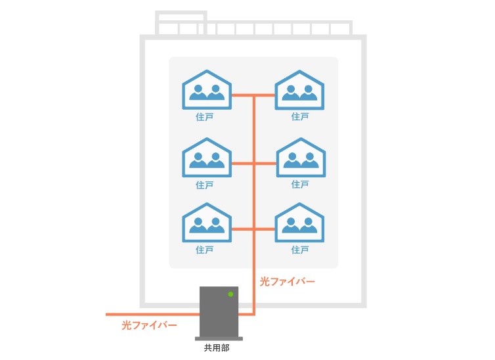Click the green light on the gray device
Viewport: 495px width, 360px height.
click(231, 294)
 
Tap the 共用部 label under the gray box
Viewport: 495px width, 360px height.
click(217, 348)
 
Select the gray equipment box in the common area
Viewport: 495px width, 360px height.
click(219, 313)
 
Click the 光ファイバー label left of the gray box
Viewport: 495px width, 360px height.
click(149, 325)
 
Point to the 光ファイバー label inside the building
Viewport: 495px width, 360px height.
click(287, 282)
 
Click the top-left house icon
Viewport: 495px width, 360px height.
click(207, 90)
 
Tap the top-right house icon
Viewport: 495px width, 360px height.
click(299, 90)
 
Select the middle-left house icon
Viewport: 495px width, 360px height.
click(207, 157)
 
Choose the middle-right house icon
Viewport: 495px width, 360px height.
click(301, 157)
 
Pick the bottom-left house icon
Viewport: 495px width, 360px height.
click(207, 222)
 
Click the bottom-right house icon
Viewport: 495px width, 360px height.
click(299, 222)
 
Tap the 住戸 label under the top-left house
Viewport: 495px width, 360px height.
click(205, 117)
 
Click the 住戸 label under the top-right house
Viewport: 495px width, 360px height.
click(300, 117)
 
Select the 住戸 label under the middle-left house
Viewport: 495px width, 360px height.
click(205, 185)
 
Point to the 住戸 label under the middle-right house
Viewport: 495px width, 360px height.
click(300, 185)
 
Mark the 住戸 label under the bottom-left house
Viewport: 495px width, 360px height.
click(205, 250)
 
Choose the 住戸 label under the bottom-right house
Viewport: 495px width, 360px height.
click(300, 250)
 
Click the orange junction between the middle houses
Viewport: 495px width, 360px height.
click(254, 164)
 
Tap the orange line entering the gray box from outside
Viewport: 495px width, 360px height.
click(153, 315)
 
